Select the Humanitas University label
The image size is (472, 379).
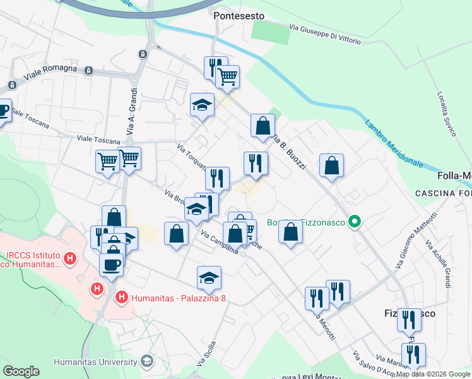pyautogui.click(x=95, y=362)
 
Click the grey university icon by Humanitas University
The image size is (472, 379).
pyautogui.click(x=147, y=361)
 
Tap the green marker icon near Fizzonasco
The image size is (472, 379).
pyautogui.click(x=355, y=222)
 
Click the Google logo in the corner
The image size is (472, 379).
pyautogui.click(x=21, y=371)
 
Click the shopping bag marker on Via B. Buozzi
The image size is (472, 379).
pyautogui.click(x=262, y=125)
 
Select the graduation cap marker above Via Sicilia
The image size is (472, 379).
pyautogui.click(x=209, y=276)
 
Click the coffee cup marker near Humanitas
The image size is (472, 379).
pyautogui.click(x=111, y=264)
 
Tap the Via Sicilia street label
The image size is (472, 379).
pyautogui.click(x=206, y=354)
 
